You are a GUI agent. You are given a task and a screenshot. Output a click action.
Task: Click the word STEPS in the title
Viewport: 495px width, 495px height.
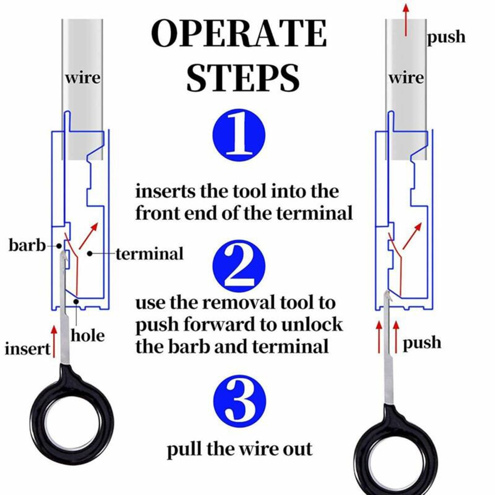coord(243,77)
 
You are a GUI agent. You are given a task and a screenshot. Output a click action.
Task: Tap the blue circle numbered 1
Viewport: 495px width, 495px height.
coord(239,135)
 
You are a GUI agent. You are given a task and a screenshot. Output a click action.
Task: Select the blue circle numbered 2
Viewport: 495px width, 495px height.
coord(239,267)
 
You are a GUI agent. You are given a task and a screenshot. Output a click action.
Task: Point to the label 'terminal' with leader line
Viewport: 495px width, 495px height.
coord(149,254)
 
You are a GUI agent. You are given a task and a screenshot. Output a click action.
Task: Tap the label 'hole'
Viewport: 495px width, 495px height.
coord(88,336)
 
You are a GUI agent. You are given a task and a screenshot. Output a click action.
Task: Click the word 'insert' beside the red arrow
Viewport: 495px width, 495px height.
coord(28,348)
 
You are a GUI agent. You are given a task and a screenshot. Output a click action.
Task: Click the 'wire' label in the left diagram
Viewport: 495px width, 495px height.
coord(82,78)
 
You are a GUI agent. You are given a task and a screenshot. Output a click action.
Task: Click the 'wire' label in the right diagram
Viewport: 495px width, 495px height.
coord(406,78)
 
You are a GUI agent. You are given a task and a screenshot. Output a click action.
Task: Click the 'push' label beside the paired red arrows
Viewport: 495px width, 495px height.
coord(422,343)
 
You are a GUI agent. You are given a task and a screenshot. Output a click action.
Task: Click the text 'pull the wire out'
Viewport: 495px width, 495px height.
coord(239,449)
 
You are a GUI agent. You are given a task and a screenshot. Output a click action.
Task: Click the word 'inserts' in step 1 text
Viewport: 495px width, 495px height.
coord(165,191)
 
